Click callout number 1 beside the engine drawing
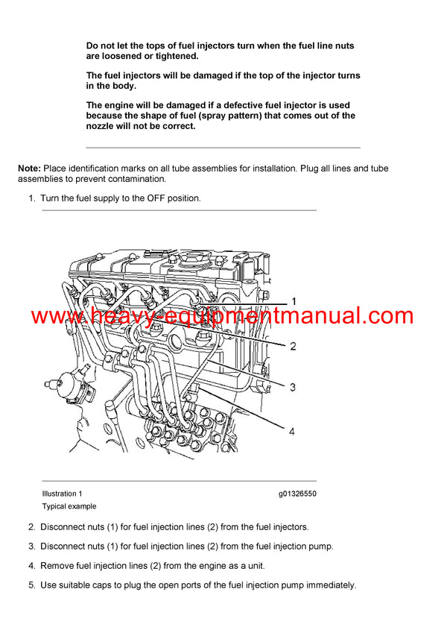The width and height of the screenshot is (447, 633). coord(293,301)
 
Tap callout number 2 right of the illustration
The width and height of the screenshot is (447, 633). coord(293,346)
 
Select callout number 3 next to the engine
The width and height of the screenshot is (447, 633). coord(293,387)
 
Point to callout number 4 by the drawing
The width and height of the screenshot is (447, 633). coord(293,431)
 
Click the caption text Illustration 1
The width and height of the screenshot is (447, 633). coord(63,494)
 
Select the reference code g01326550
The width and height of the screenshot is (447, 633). coord(297,494)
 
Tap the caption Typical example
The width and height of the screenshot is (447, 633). coord(69,506)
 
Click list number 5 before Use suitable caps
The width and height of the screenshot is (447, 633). coord(31,585)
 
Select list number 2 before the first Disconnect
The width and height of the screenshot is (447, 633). coord(31,527)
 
